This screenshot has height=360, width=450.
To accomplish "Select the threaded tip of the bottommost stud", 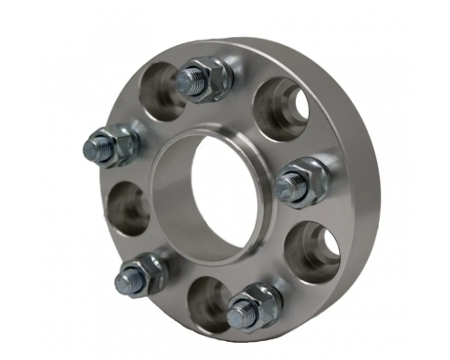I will pyautogui.click(x=238, y=314).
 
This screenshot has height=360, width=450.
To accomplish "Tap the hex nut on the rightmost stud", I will pyautogui.click(x=308, y=180).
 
